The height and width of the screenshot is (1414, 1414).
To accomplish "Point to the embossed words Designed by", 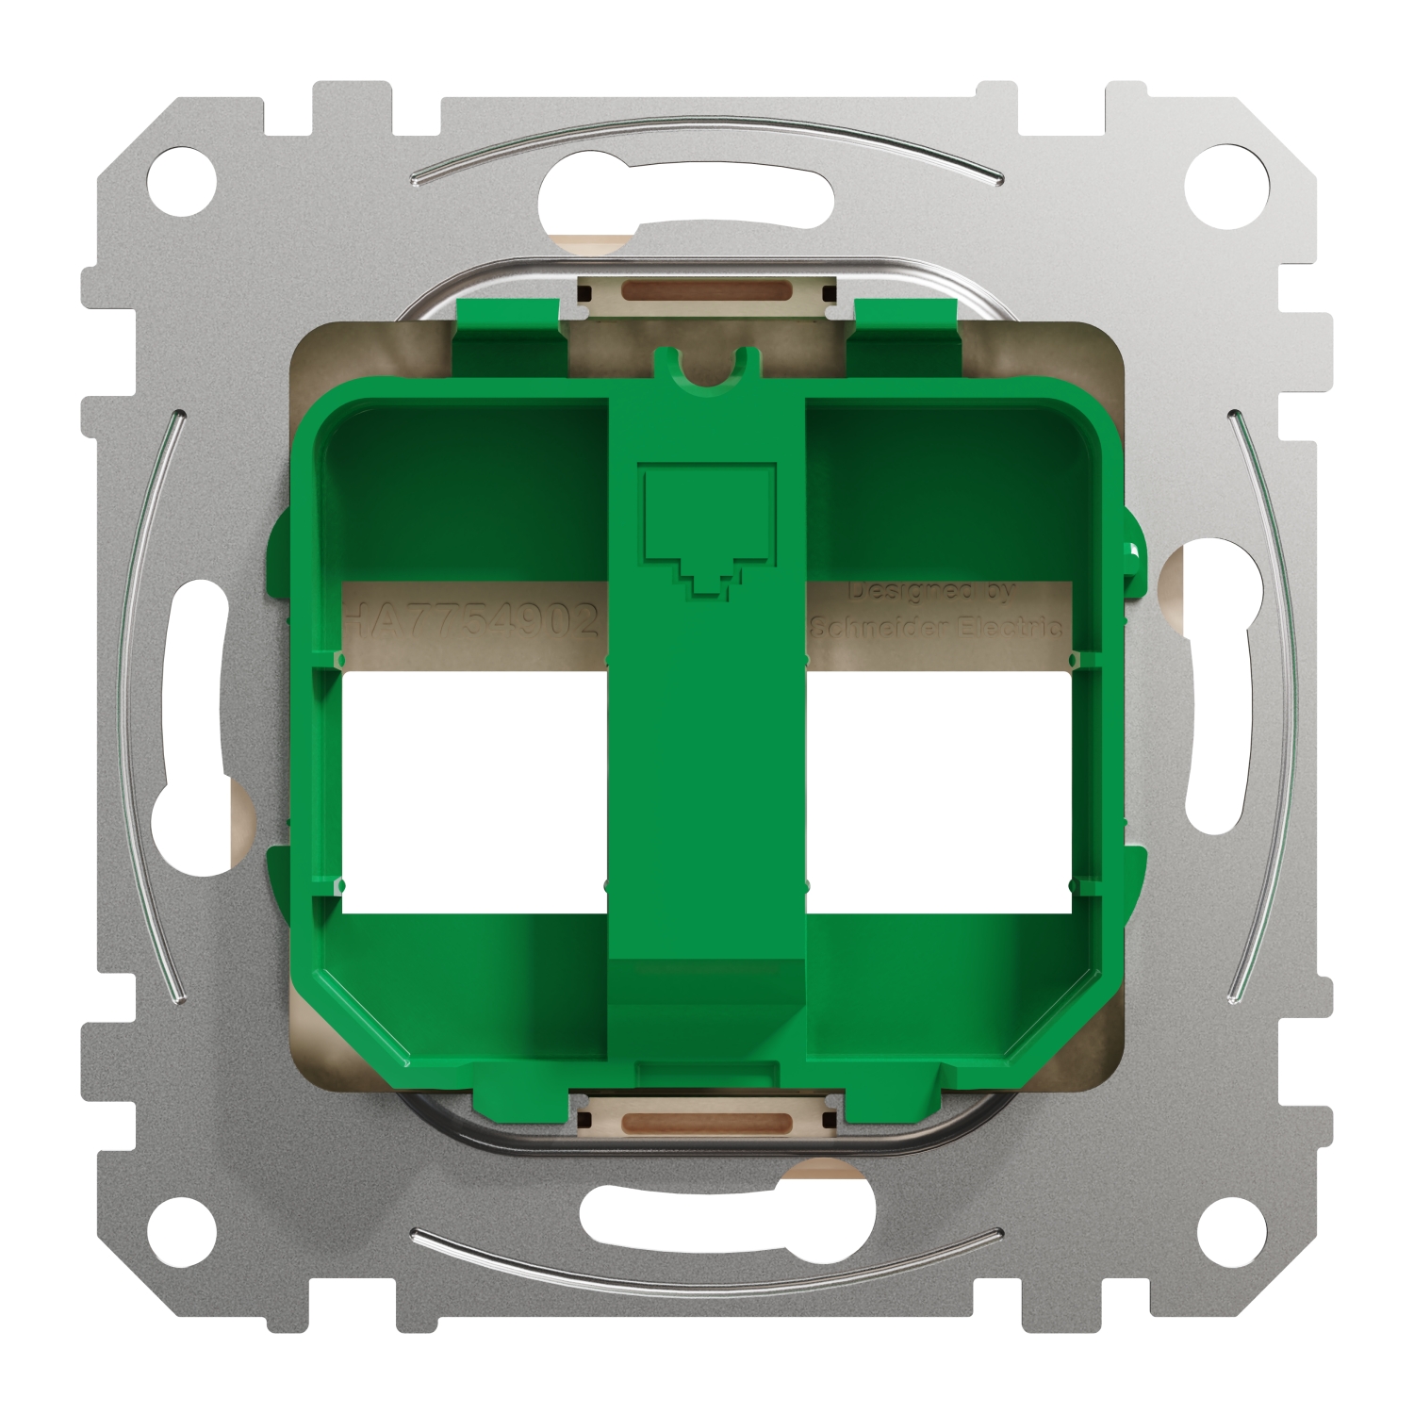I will click(930, 592).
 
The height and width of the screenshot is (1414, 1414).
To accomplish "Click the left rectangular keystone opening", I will click(473, 792).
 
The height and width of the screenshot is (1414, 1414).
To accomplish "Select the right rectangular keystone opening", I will click(939, 792).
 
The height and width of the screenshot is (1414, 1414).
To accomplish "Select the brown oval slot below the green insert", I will click(706, 1122).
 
